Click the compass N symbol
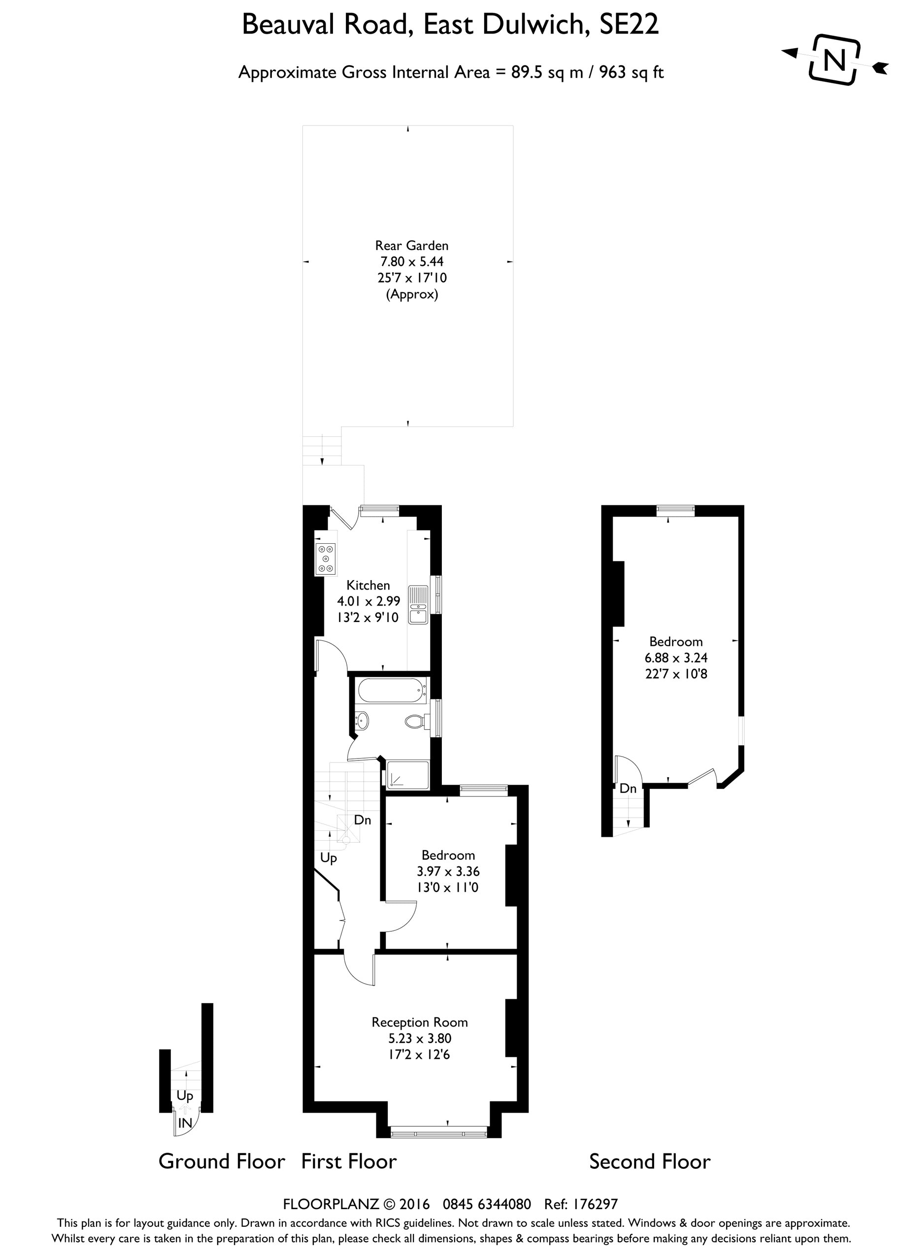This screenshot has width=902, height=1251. [x=835, y=60]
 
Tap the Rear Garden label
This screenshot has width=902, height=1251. [x=411, y=245]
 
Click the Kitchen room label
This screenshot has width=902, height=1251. [x=368, y=585]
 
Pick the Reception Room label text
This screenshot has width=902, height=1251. [x=419, y=1022]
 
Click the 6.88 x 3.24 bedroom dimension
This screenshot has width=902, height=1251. [x=676, y=658]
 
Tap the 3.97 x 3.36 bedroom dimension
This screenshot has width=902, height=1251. [x=448, y=871]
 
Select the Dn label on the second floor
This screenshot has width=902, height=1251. [x=628, y=789]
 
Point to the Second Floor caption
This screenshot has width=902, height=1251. [x=649, y=1162]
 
